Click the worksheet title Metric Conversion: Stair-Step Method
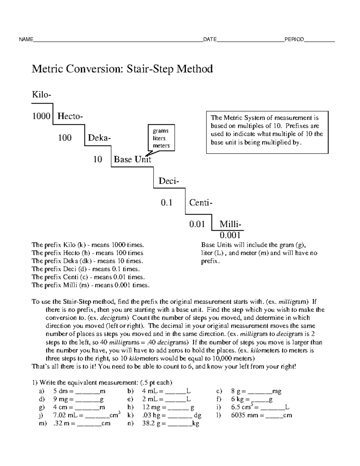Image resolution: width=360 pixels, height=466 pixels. pos(122,69)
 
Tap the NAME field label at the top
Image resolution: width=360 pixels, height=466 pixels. pos(26,39)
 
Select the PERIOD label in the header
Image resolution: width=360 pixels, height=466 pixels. pos(294,39)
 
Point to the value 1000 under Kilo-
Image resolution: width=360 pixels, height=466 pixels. pos(41,116)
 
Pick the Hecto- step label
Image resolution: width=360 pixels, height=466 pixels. pos(70,116)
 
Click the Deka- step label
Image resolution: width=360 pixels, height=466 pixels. pos(99,138)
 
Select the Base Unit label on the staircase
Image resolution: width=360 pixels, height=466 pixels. pos(132,159)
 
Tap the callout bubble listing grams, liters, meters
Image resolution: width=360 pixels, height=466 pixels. pos(161,138)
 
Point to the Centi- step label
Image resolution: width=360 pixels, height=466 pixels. pos(201,203)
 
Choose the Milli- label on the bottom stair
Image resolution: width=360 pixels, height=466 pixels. pos(230,224)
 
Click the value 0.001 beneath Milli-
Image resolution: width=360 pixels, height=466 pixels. pos(230,235)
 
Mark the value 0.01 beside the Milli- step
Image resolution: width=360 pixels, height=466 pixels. pos(197,224)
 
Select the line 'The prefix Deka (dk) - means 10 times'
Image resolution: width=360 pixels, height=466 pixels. pos(87,261)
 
